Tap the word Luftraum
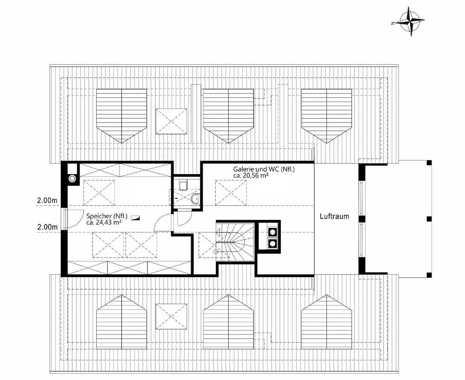click(x=334, y=217)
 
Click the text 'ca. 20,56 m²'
click(x=252, y=176)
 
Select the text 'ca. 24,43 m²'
click(x=104, y=222)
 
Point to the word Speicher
click(x=97, y=216)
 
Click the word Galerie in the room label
click(x=244, y=169)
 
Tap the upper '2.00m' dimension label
click(x=47, y=201)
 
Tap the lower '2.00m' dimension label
click(x=47, y=227)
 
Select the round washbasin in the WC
click(x=194, y=200)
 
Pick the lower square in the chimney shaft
click(x=270, y=242)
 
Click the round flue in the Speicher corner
click(x=72, y=177)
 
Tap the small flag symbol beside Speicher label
click(x=135, y=217)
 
